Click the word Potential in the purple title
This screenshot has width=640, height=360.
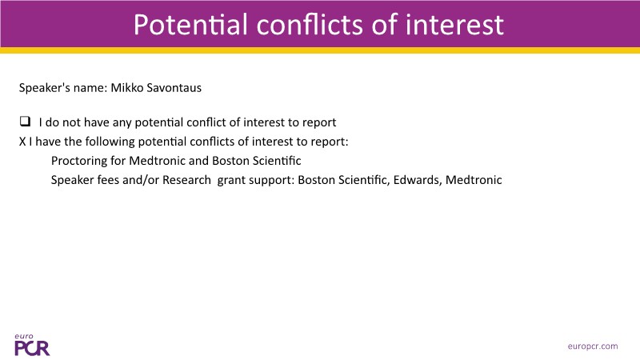point(190,25)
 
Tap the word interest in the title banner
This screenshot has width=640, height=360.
point(454,25)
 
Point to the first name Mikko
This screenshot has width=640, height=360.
point(127,88)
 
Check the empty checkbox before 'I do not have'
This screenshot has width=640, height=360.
point(25,122)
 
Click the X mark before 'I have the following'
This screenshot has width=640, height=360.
point(22,142)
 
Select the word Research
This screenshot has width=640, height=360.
point(187,179)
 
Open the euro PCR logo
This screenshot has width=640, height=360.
point(32,345)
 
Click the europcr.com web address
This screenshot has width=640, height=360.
point(593,346)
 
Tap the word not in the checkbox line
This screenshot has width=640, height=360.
point(71,122)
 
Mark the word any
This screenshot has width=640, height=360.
point(122,123)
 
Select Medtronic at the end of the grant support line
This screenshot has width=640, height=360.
point(474,179)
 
